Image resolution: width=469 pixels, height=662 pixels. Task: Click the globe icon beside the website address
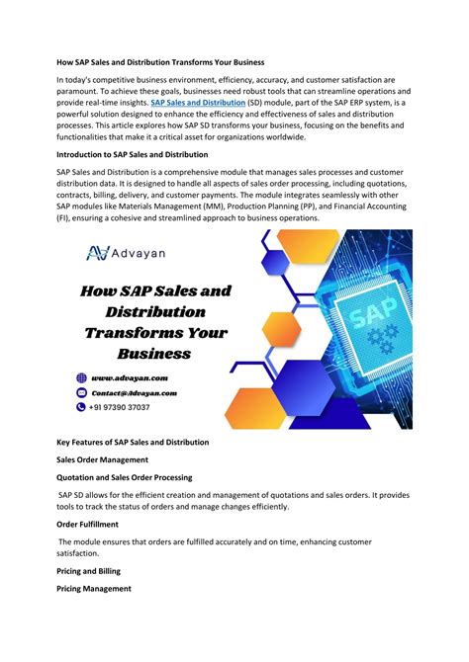(x=82, y=377)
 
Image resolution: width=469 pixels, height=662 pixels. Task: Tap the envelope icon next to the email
(x=82, y=392)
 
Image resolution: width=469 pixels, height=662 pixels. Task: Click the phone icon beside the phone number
(x=82, y=406)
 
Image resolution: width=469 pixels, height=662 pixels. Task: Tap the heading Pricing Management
(x=94, y=588)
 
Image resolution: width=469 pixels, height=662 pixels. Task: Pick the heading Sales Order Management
(x=103, y=460)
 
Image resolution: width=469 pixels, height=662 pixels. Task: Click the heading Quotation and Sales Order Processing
(x=125, y=477)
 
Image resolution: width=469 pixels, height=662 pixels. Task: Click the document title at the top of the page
(x=168, y=61)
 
